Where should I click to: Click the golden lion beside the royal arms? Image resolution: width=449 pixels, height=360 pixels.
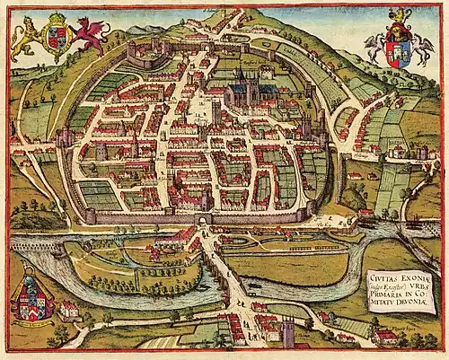coord(25,39)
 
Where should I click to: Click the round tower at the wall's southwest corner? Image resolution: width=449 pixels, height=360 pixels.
coord(90,215)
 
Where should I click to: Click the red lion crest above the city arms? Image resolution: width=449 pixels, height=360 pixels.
coord(396,15)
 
